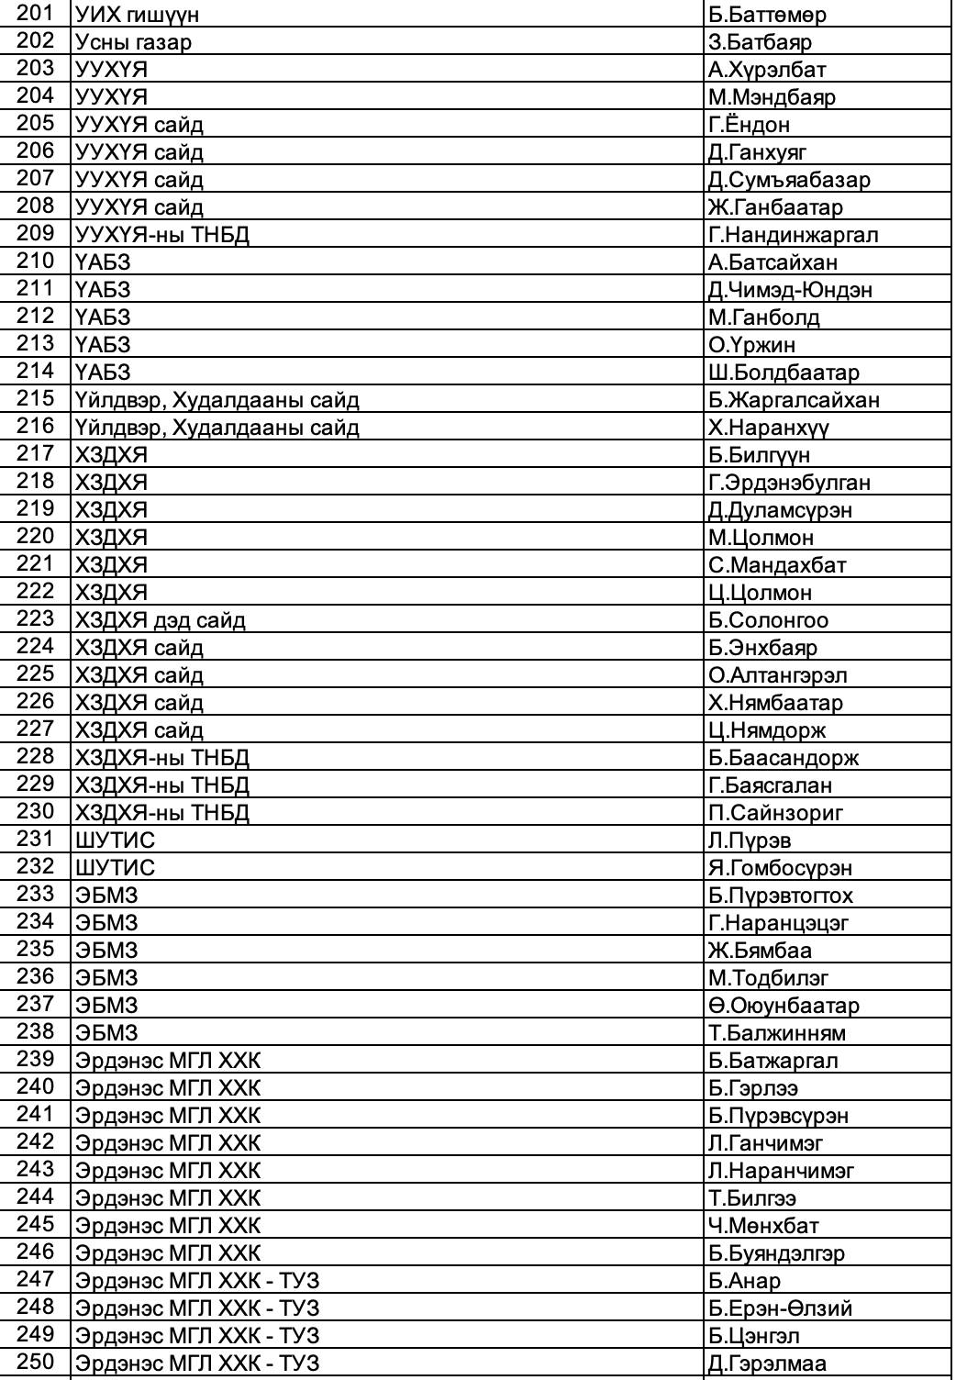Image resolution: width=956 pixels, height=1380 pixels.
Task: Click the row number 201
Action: [x=37, y=14]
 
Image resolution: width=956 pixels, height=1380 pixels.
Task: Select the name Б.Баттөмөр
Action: [x=767, y=15]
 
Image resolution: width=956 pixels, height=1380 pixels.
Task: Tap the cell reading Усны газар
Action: [x=134, y=42]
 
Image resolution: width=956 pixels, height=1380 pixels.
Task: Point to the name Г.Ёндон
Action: [x=749, y=125]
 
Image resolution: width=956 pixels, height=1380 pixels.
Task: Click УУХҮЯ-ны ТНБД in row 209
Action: [x=162, y=235]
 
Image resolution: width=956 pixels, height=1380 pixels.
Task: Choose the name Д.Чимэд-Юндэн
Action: [x=790, y=290]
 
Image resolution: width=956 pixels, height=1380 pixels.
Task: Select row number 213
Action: [x=37, y=344]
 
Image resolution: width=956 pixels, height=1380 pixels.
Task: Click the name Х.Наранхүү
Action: [x=769, y=428]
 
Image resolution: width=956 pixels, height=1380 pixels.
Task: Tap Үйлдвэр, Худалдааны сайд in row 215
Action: [x=217, y=400]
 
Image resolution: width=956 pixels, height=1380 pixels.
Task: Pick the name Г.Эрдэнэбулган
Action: [x=789, y=483]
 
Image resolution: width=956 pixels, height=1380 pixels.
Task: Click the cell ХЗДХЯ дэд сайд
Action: [x=161, y=620]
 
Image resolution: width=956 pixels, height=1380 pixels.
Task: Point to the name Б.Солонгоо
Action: [x=768, y=620]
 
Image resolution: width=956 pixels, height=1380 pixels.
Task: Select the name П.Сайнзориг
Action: [x=775, y=813]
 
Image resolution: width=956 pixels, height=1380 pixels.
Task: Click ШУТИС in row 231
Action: [x=116, y=840]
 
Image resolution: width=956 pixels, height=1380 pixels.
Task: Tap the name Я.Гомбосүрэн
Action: [x=780, y=868]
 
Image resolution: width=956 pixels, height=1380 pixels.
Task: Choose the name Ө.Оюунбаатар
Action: [x=784, y=1006]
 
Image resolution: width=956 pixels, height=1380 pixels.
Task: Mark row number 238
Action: [x=37, y=1032]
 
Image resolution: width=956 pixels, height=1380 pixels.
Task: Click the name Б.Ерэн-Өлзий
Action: [x=780, y=1308]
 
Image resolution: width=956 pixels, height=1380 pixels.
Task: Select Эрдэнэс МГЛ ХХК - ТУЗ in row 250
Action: [x=197, y=1363]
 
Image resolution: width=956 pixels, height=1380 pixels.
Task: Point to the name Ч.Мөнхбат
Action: [x=763, y=1226]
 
